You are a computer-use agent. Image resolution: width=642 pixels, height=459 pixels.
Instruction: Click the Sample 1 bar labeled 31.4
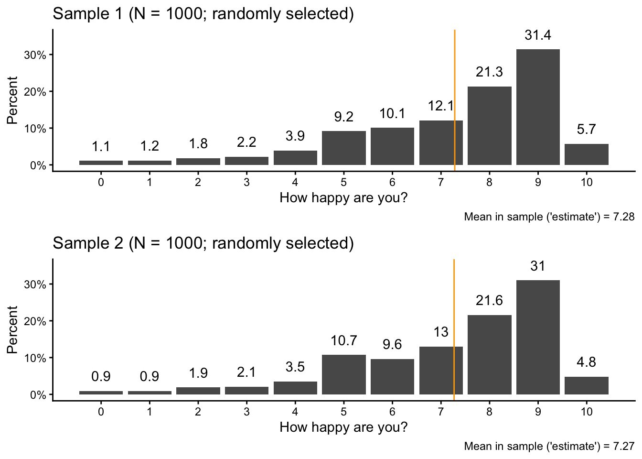[x=538, y=107]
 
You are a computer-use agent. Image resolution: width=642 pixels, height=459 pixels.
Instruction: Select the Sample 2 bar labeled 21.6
[x=489, y=355]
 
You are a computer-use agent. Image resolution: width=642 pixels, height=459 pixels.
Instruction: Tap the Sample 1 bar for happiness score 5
[x=344, y=148]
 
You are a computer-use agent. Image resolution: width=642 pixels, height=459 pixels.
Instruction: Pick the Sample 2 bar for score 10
[x=586, y=386]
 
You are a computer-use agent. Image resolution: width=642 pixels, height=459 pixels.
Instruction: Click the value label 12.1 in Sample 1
[x=440, y=106]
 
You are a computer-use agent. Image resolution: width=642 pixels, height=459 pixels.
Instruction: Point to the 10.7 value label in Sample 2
[x=344, y=340]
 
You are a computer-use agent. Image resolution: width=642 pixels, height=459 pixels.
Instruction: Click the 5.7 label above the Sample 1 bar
[x=586, y=129]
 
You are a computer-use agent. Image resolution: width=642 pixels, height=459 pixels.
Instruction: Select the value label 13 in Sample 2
[x=440, y=332]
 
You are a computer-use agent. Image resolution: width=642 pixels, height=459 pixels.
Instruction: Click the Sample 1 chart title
[x=203, y=13]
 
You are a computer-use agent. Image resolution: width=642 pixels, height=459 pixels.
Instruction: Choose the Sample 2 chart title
[x=203, y=243]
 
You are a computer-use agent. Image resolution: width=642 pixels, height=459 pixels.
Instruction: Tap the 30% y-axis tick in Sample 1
[x=35, y=55]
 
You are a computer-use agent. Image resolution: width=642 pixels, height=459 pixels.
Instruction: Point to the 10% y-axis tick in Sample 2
[x=35, y=358]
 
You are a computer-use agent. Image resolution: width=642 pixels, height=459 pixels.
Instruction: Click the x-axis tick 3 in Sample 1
[x=246, y=182]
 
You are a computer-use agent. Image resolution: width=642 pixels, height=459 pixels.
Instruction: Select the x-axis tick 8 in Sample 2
[x=489, y=412]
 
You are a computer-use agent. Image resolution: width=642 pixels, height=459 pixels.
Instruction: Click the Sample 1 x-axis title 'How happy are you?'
[x=343, y=197]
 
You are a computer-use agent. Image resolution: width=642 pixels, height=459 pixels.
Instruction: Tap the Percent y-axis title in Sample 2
[x=12, y=330]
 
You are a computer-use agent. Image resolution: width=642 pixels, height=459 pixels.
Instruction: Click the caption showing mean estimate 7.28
[x=549, y=217]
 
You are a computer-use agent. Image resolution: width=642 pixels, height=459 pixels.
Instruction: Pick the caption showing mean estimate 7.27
[x=549, y=447]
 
